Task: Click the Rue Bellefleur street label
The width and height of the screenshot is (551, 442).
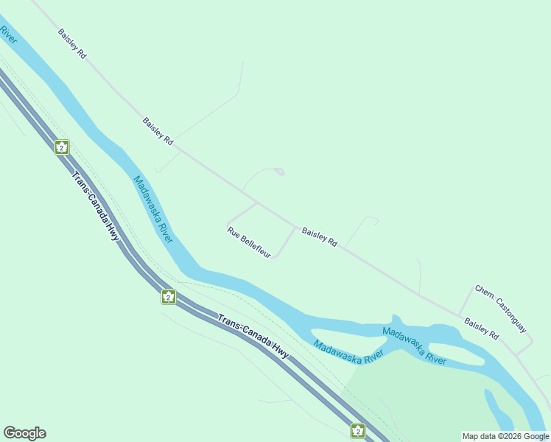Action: coord(249,242)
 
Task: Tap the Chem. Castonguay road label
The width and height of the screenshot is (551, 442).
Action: coord(500,308)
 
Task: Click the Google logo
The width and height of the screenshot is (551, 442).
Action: coord(24,433)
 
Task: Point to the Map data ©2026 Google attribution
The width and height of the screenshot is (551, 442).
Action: coord(506,436)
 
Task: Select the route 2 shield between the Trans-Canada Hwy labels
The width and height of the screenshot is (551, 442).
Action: coord(169,296)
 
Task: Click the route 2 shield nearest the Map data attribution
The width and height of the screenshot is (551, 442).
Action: coord(358,430)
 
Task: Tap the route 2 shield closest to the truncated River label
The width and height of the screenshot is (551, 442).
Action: coord(62,147)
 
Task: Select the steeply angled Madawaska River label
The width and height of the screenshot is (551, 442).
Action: coord(153,210)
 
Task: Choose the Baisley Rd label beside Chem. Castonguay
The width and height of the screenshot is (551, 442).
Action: coord(481,329)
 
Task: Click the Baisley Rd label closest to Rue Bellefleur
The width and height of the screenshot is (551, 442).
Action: coord(319,236)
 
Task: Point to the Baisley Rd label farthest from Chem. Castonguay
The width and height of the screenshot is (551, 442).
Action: coord(73,44)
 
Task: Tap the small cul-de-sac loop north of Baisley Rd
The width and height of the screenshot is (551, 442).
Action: coord(278,172)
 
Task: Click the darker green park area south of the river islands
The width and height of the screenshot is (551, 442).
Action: coord(413,398)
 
